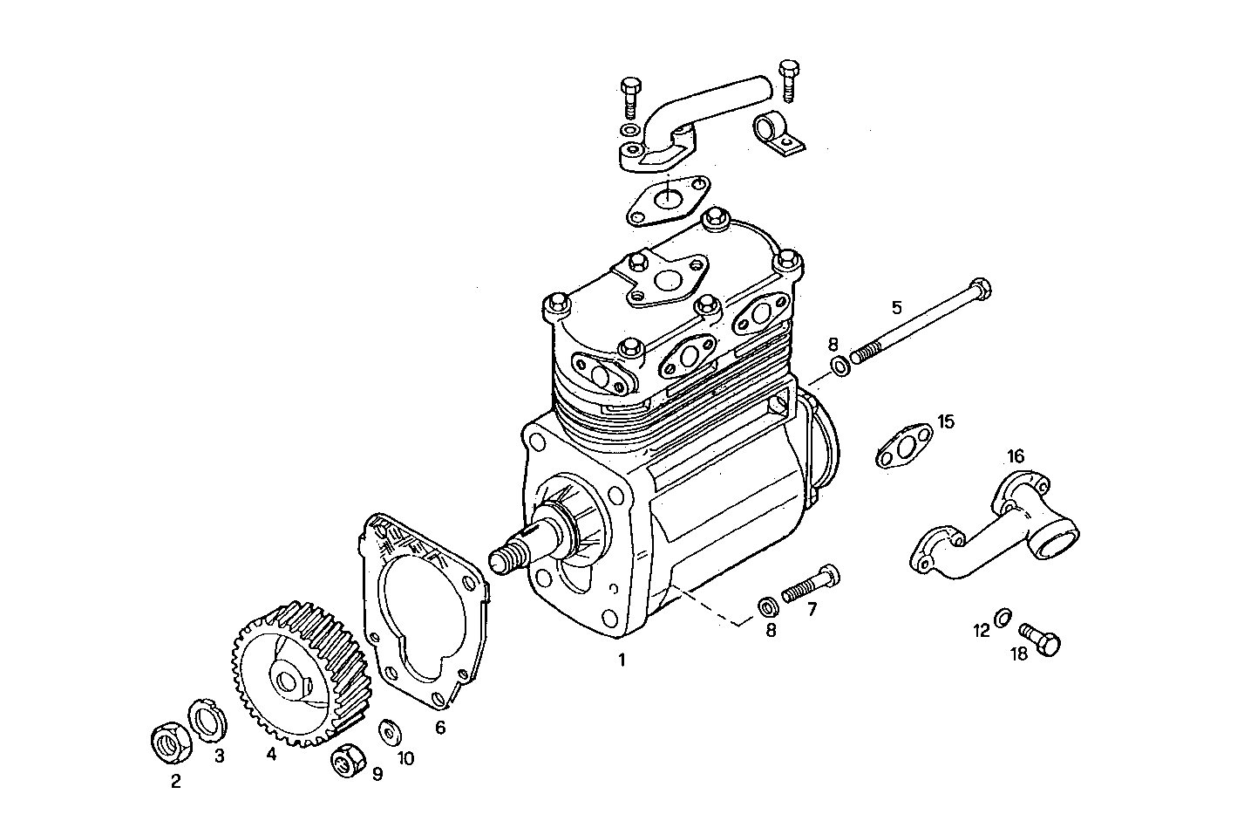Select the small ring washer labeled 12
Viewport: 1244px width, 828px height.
(1003, 618)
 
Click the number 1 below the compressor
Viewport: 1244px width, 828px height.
(622, 660)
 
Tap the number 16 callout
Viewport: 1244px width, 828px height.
(1016, 456)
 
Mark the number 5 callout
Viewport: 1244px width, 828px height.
(896, 307)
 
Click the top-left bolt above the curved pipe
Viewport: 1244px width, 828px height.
(632, 95)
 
